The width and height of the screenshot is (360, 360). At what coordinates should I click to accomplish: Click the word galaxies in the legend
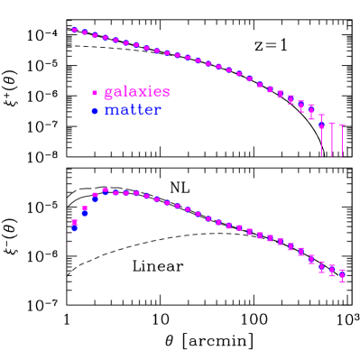click(136, 92)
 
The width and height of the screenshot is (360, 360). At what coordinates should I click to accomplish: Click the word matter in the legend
click(133, 110)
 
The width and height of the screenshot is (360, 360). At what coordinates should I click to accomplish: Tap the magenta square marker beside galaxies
click(95, 93)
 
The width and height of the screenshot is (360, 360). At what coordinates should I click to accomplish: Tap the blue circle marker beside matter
click(95, 111)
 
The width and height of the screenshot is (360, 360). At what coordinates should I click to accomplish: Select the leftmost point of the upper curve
click(74, 30)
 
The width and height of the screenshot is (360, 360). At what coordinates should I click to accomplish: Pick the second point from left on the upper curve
click(85, 32)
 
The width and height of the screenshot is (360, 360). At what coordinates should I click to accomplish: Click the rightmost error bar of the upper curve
click(342, 140)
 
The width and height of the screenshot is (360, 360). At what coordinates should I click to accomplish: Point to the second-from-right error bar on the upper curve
click(332, 139)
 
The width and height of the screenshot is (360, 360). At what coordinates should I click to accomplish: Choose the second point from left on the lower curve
click(85, 210)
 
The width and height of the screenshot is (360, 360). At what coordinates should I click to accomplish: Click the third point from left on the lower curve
click(95, 196)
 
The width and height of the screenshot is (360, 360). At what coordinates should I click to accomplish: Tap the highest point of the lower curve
click(106, 190)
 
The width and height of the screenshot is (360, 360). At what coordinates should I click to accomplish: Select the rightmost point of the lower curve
click(342, 274)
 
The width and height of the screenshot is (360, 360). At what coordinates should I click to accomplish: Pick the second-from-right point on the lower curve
click(332, 270)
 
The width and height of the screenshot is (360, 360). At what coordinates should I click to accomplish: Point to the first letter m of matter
click(111, 111)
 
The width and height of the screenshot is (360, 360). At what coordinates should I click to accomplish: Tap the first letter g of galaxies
click(109, 93)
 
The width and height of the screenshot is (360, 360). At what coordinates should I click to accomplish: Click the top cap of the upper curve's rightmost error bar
click(342, 125)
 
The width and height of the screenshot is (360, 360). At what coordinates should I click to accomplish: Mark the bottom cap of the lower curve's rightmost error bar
click(342, 281)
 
